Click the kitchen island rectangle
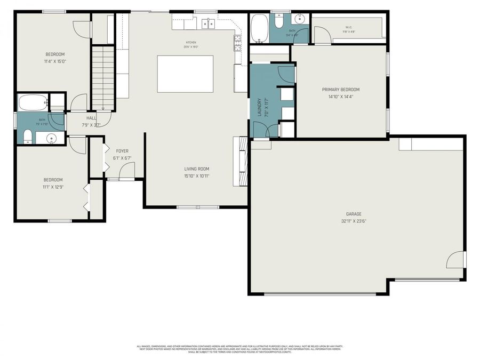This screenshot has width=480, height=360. click(x=185, y=74)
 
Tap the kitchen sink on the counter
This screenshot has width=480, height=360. click(x=208, y=23)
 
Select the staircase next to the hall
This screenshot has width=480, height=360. click(x=103, y=78)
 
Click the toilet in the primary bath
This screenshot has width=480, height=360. click(x=279, y=22)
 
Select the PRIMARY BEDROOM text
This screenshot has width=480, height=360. click(x=340, y=90)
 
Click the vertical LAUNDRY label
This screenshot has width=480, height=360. click(x=260, y=107)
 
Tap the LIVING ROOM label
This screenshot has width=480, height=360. click(x=197, y=169)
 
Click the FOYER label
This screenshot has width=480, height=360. click(x=122, y=151)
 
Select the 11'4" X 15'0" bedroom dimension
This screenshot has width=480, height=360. click(x=55, y=61)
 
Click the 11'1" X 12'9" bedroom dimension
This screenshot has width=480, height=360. click(x=53, y=187)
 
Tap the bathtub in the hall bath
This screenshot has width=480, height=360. click(x=33, y=102)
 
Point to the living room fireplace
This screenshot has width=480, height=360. click(x=241, y=161)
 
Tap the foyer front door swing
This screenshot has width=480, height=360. click(x=127, y=171)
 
